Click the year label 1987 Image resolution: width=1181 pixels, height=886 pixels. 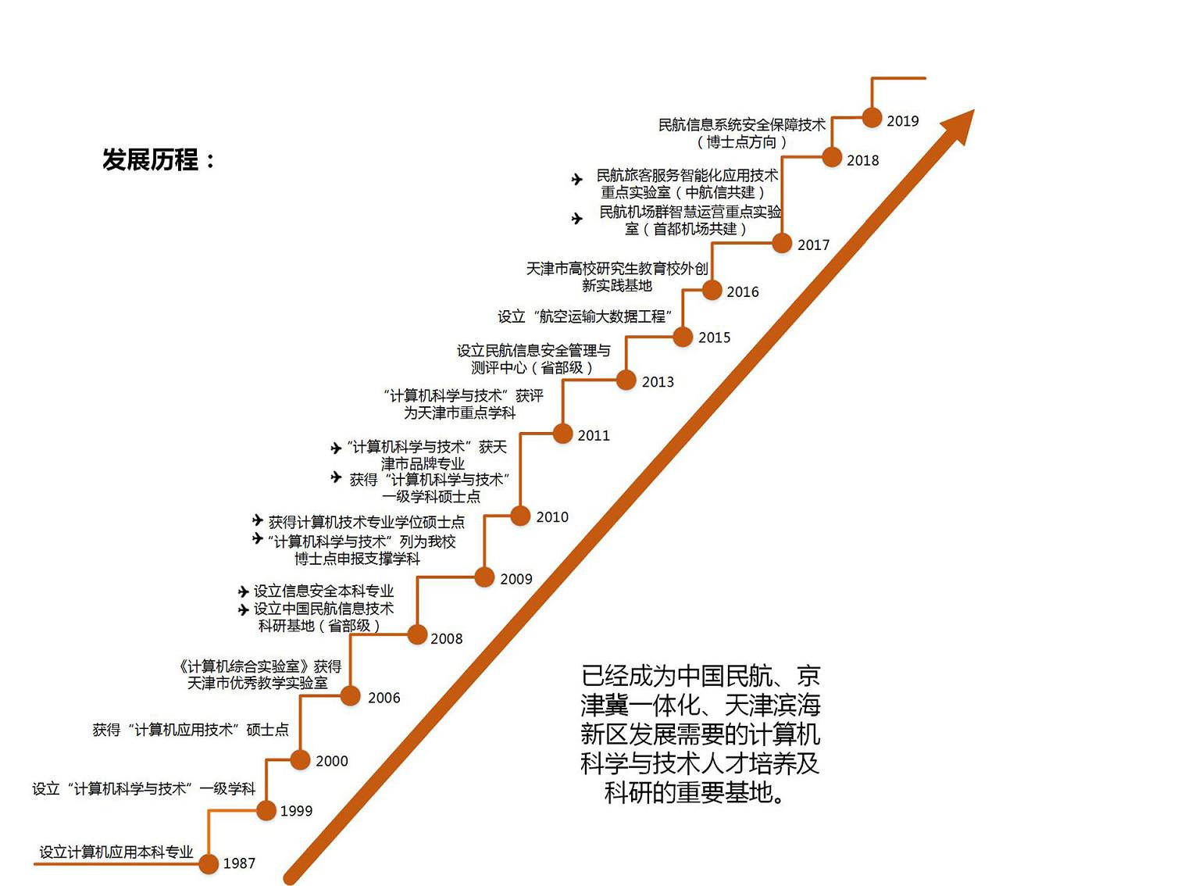239,863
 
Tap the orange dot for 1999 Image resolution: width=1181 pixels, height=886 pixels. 267,810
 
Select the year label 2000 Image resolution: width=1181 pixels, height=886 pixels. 332,761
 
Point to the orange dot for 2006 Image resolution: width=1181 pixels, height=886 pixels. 351,695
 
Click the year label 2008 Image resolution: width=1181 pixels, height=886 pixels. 447,638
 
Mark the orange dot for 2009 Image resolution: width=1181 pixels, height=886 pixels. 484,577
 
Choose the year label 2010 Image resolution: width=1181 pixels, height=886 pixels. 552,517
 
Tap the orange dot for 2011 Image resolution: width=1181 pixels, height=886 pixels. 563,434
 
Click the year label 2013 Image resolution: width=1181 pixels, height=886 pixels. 658,382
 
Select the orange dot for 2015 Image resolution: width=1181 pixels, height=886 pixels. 683,337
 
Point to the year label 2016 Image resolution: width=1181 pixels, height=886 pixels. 743,292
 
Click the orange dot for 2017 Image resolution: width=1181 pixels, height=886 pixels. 782,243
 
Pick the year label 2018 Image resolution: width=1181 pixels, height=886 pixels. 863,160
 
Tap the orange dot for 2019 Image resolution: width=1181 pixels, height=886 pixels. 872,118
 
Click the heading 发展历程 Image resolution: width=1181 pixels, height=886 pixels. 150,160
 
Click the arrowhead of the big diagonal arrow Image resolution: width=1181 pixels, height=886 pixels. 959,125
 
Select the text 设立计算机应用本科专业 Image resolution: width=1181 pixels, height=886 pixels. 116,852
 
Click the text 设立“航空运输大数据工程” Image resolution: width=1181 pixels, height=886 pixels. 584,316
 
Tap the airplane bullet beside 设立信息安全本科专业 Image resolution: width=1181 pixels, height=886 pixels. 244,592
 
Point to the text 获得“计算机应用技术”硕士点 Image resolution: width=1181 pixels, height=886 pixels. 191,730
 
